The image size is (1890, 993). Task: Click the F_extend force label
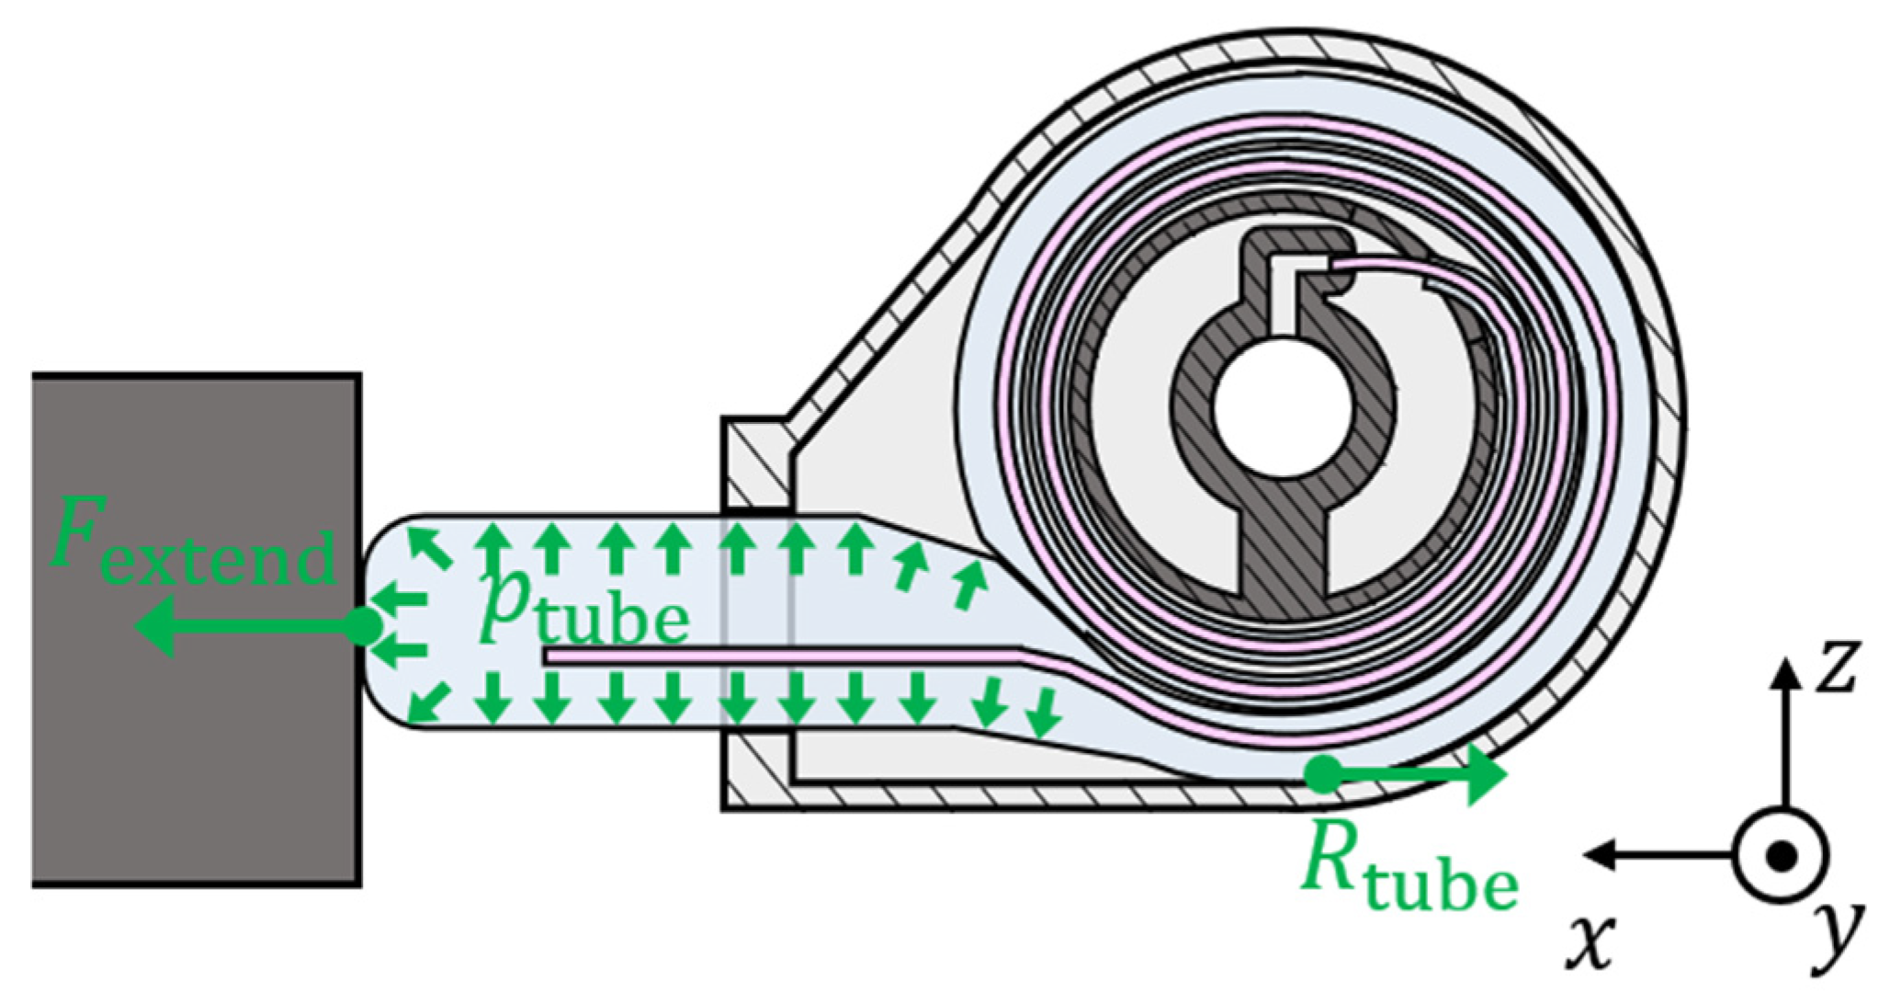[193, 547]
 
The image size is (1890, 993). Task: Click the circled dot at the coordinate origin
[1782, 855]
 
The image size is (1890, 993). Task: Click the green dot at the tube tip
[364, 627]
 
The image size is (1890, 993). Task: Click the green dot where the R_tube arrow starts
[1323, 774]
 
